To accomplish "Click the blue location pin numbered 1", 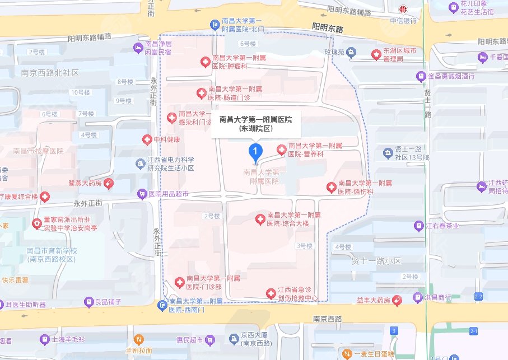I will pyautogui.click(x=255, y=151).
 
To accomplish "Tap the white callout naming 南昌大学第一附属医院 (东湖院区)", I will pyautogui.click(x=255, y=123).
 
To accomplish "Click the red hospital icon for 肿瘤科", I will pyautogui.click(x=205, y=62).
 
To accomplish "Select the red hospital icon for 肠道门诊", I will pyautogui.click(x=201, y=93).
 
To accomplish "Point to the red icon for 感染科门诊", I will pyautogui.click(x=172, y=118).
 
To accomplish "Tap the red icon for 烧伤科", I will pyautogui.click(x=332, y=187).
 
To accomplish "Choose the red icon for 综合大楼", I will pyautogui.click(x=259, y=219).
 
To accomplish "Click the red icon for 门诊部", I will pyautogui.click(x=179, y=282).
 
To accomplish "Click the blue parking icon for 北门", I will pyautogui.click(x=215, y=24).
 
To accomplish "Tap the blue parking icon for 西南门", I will pyautogui.click(x=162, y=305).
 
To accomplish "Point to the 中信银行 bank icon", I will pyautogui.click(x=402, y=10).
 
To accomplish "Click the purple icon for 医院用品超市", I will pyautogui.click(x=142, y=194).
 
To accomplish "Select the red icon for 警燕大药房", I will pyautogui.click(x=109, y=183).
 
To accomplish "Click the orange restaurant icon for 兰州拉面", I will pyautogui.click(x=139, y=339).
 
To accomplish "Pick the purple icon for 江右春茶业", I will pyautogui.click(x=418, y=226).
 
